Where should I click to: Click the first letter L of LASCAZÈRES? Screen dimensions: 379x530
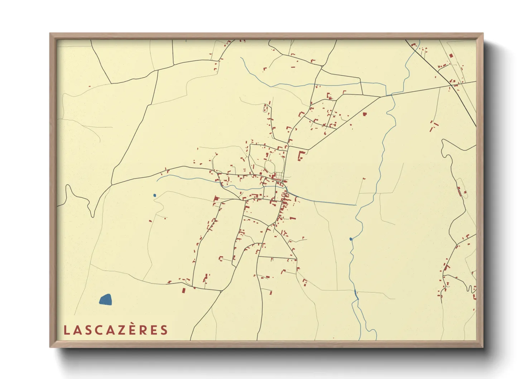point(66,330)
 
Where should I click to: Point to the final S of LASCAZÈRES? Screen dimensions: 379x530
point(164,330)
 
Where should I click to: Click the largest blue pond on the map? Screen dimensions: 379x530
point(106,299)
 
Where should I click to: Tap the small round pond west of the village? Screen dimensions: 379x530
point(155,195)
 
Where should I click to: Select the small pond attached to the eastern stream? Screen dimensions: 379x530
point(351,239)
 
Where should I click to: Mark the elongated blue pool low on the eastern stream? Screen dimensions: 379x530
point(356,295)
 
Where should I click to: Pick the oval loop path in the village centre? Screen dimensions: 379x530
point(269,166)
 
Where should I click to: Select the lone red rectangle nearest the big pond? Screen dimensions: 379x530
point(184,290)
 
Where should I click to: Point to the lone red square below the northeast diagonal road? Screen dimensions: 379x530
point(365,114)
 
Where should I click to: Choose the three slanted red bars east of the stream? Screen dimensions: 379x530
point(434,126)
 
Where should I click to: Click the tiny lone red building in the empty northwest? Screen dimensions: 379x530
point(90,86)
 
